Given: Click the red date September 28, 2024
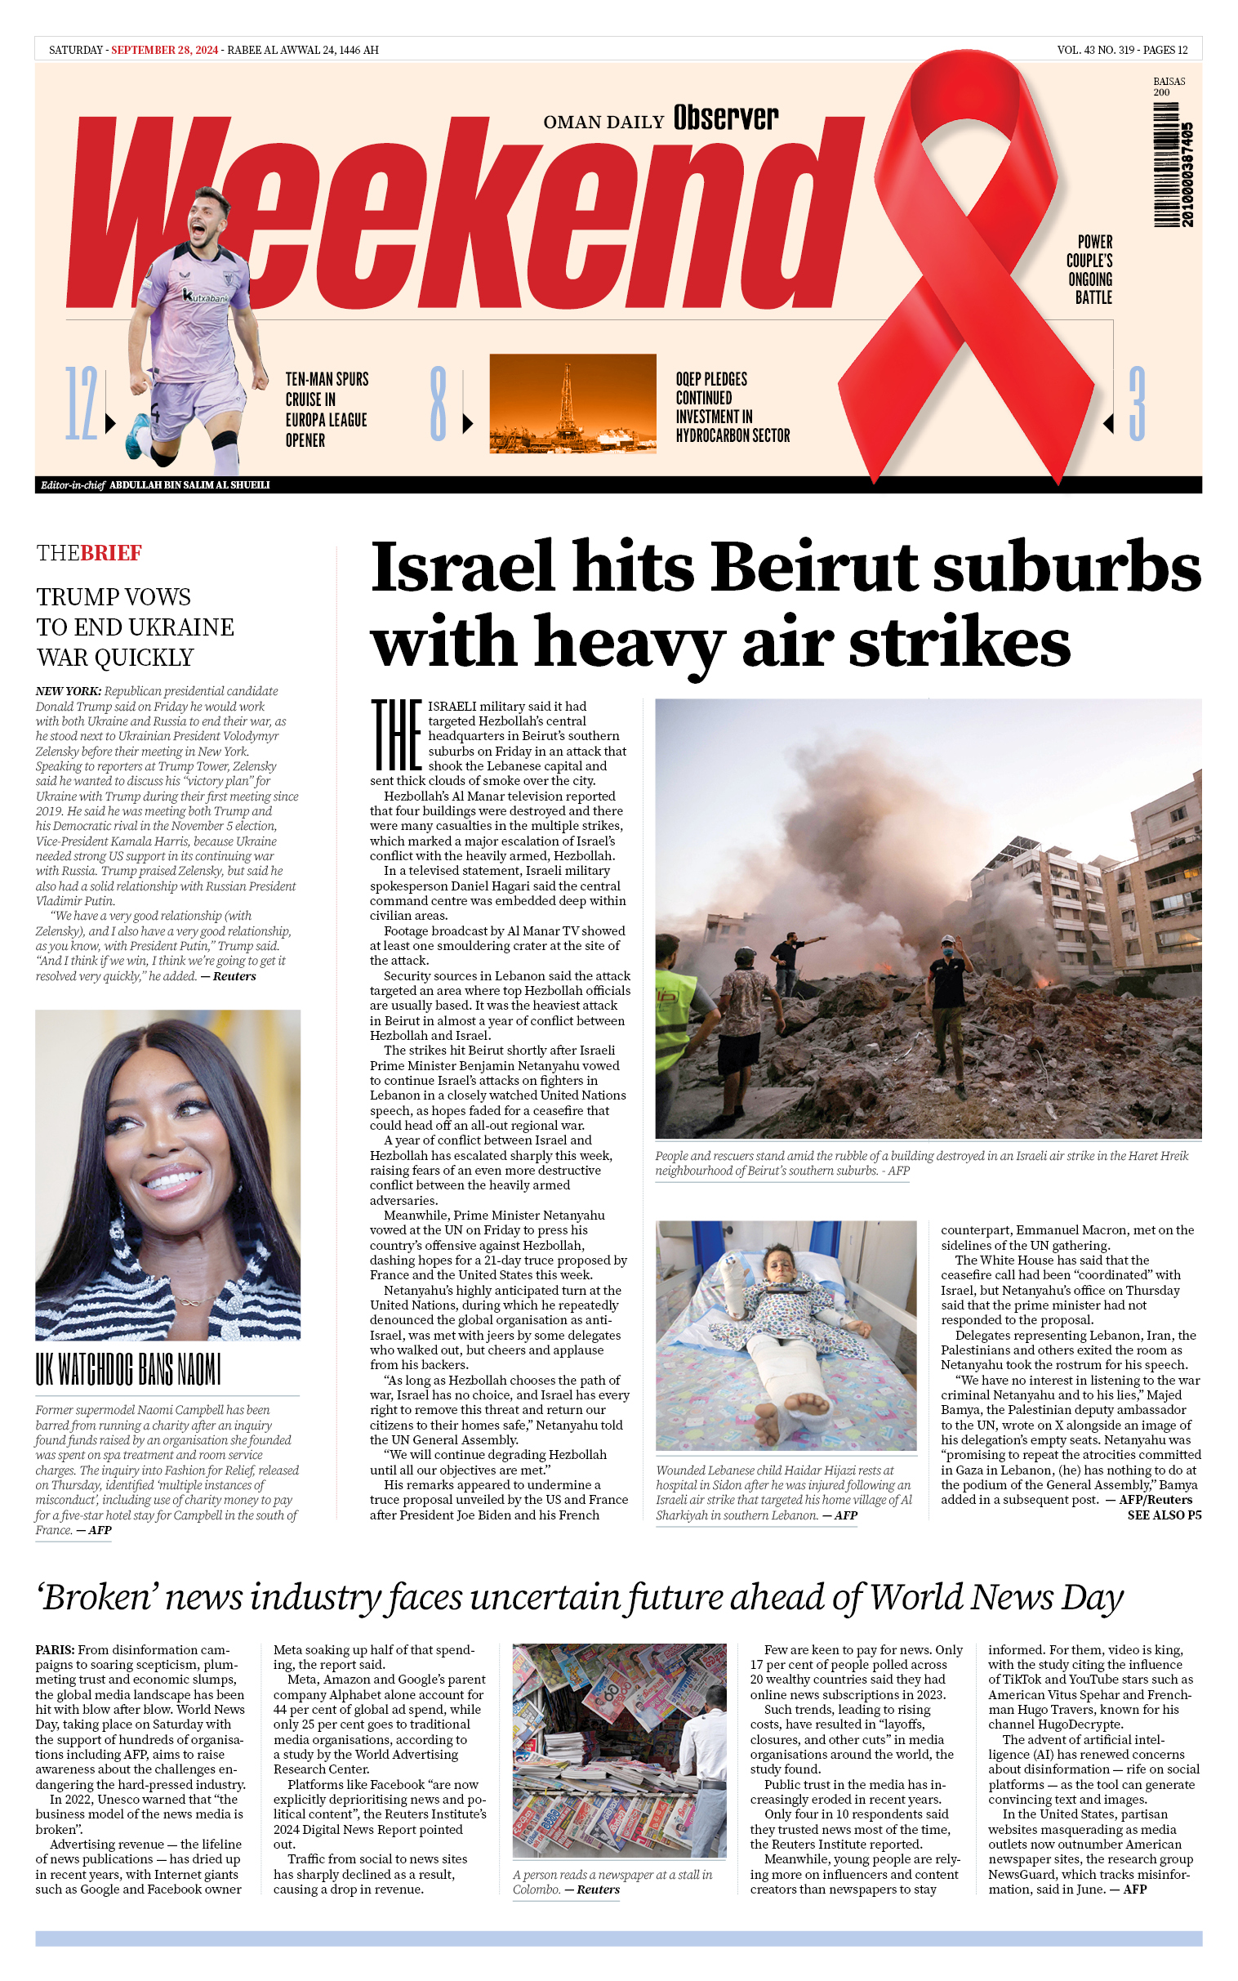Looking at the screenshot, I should pos(165,50).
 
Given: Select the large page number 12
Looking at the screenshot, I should pos(82,404).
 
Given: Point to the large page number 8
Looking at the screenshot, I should pos(439,404).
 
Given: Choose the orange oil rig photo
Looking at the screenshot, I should pos(572,403).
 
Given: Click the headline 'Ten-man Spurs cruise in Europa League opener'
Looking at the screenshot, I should pos(326,409).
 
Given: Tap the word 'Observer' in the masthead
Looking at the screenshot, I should pos(725,118).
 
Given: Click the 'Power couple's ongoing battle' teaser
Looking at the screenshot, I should pos(1090,270).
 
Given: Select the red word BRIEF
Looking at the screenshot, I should pos(110,553).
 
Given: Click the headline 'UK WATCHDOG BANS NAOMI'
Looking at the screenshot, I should pos(128,1370).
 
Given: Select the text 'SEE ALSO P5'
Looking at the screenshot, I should pos(1164,1515).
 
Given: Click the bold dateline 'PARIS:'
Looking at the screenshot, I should pos(55,1649).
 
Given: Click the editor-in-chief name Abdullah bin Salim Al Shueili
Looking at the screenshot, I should pos(189,484).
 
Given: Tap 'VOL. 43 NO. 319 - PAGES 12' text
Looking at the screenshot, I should pos(1122,50).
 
